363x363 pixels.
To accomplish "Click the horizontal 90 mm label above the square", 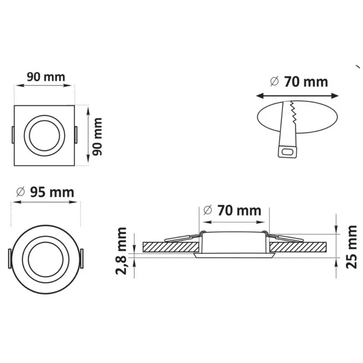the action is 46,77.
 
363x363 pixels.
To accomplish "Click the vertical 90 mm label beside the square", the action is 97,137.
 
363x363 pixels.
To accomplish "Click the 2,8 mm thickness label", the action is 121,251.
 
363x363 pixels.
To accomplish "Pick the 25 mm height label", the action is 351,247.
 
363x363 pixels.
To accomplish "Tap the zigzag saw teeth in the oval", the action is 293,112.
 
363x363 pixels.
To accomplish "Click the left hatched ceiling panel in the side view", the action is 171,247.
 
